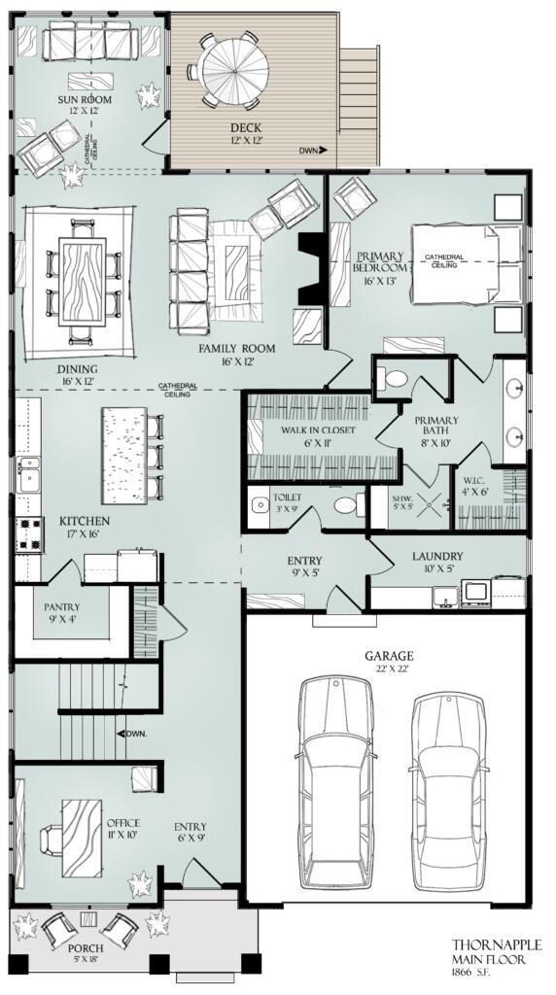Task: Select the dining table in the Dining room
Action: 82,277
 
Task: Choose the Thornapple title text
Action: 496,944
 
